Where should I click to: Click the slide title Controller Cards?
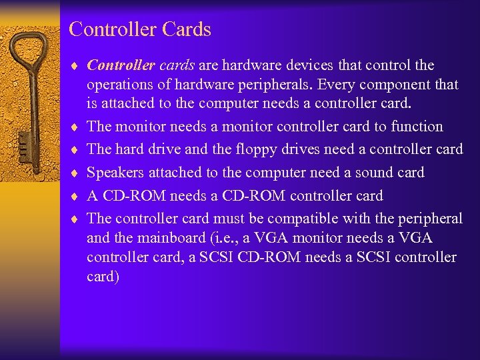pyautogui.click(x=140, y=30)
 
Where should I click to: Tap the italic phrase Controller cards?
pyautogui.click(x=141, y=65)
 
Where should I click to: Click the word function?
pyautogui.click(x=417, y=127)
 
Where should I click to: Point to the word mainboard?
pyautogui.click(x=170, y=238)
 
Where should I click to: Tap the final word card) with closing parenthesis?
pyautogui.click(x=103, y=277)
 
